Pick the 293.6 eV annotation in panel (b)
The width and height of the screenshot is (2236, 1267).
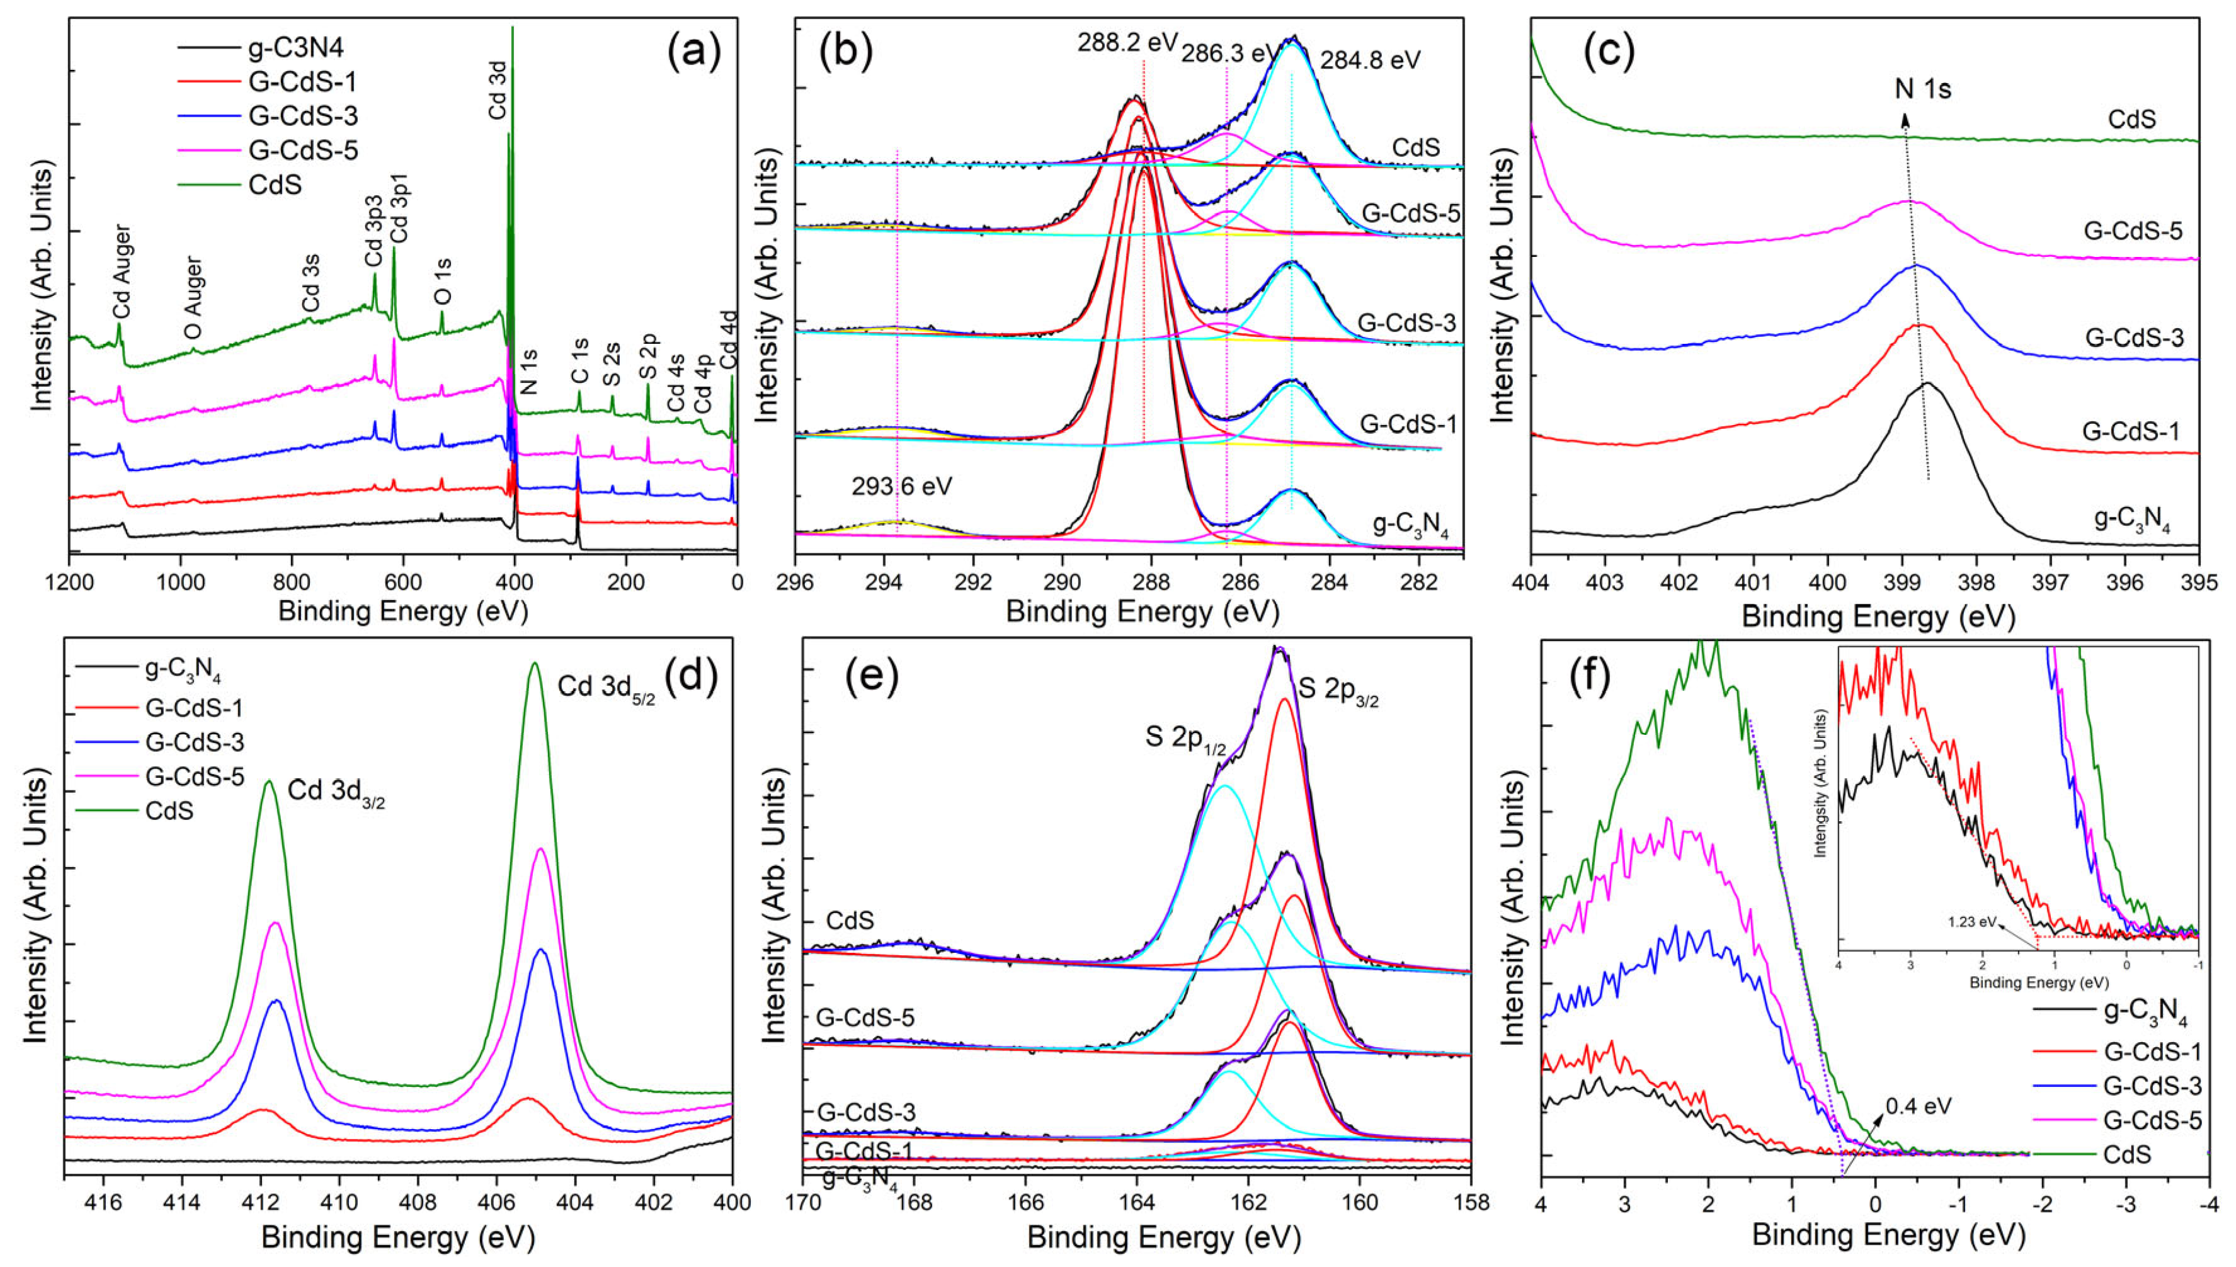coord(902,486)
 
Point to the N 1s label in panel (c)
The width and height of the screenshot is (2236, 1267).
coord(1924,89)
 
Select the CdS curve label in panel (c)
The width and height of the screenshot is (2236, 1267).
coord(2125,119)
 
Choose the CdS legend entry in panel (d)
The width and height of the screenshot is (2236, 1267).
coord(169,811)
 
